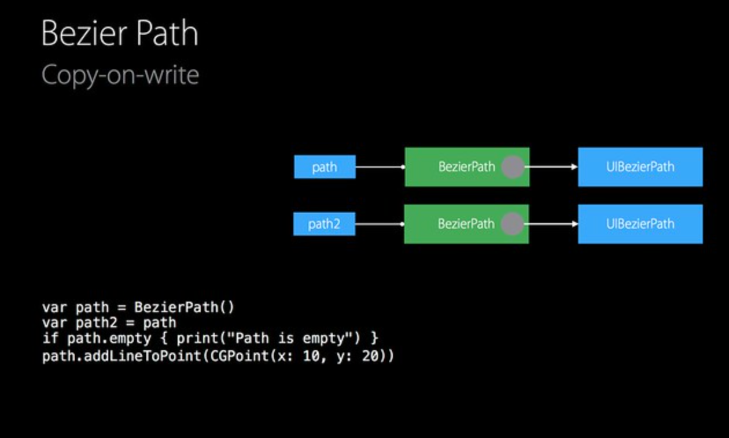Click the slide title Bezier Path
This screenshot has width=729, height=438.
(x=120, y=34)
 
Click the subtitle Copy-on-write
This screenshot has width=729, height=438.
(x=120, y=75)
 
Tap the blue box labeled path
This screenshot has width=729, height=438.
(x=325, y=167)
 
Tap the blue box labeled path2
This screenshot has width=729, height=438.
(x=324, y=224)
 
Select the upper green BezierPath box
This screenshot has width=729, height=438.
(x=457, y=167)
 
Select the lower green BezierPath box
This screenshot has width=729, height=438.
(x=457, y=224)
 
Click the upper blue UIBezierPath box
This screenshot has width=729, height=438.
(x=640, y=167)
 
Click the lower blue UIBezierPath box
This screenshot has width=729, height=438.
(x=640, y=224)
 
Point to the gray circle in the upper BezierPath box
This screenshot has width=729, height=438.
(x=513, y=167)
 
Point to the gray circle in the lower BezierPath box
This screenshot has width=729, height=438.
(x=512, y=224)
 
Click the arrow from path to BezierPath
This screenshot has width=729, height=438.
(x=380, y=167)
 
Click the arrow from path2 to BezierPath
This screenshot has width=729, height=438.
(x=380, y=224)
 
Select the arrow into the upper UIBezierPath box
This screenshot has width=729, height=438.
(x=553, y=167)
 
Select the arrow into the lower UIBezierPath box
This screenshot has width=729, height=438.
(x=553, y=224)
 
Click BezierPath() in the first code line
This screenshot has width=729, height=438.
(x=184, y=307)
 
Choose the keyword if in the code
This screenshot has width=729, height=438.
(x=50, y=337)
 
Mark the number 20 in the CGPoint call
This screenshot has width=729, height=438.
(x=370, y=356)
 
